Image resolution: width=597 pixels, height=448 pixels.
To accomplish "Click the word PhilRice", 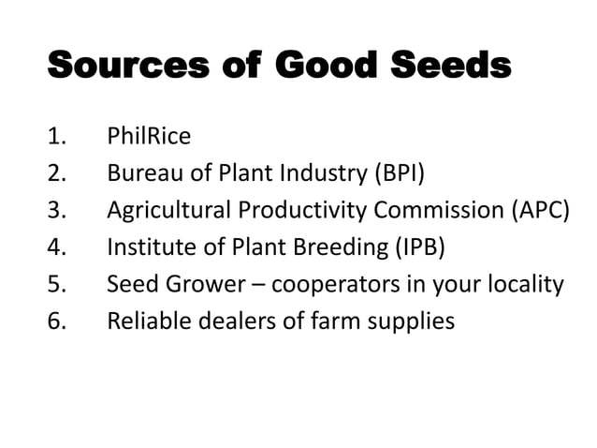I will coord(149,137).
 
